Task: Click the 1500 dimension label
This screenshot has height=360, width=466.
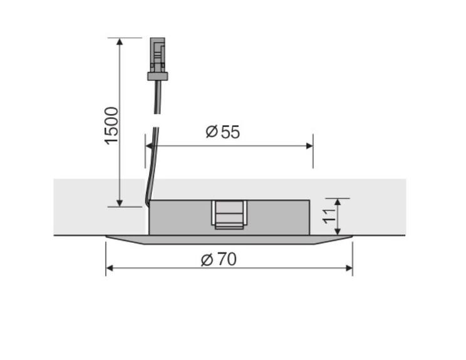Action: click(111, 125)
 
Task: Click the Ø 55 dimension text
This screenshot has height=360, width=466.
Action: click(223, 132)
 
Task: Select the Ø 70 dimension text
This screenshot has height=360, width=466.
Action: click(219, 259)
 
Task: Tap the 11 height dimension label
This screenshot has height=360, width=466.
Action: click(328, 217)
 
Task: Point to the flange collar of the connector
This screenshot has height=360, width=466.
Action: click(158, 76)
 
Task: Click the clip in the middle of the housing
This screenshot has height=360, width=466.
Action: click(229, 215)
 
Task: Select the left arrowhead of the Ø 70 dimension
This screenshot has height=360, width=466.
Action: click(110, 268)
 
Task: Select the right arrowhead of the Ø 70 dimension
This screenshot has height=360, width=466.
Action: click(349, 268)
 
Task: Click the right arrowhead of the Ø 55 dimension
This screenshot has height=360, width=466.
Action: click(309, 146)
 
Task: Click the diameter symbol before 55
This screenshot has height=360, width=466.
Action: click(211, 132)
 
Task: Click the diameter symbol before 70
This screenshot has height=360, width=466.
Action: click(207, 259)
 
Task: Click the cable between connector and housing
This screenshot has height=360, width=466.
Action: click(154, 138)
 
